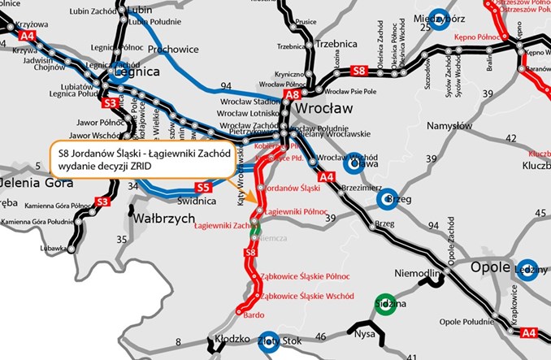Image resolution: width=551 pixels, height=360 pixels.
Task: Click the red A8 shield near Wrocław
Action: tap(293, 95)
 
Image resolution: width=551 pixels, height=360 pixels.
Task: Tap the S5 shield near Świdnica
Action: tap(203, 187)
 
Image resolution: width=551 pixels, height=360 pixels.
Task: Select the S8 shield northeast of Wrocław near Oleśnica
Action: tap(359, 72)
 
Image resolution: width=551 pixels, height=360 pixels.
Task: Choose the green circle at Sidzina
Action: tap(385, 304)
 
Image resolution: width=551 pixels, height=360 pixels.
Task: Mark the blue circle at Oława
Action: tap(354, 164)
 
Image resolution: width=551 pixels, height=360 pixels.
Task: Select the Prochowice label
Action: tap(173, 49)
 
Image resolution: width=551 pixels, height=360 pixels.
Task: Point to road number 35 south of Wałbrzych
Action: tap(121, 239)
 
